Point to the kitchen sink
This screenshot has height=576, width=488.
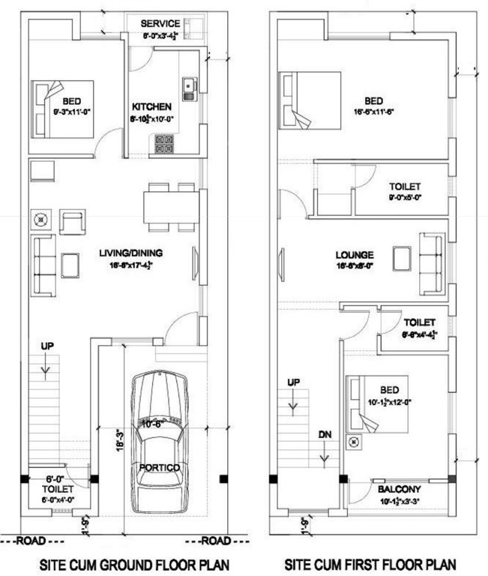pyautogui.click(x=189, y=88)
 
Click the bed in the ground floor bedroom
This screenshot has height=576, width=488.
pyautogui.click(x=62, y=108)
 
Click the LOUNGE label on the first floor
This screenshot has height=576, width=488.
pyautogui.click(x=355, y=255)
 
